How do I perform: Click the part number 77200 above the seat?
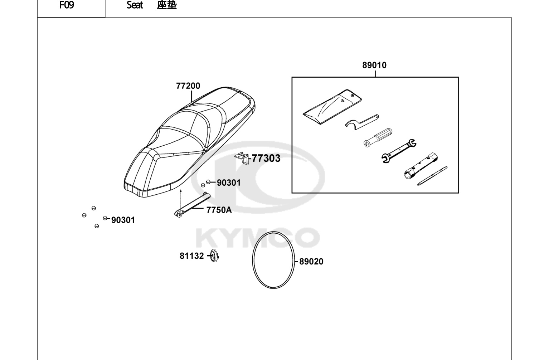point(188,86)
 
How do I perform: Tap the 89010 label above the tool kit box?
point(374,65)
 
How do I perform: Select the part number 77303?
point(266,158)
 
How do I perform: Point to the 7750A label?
point(219,210)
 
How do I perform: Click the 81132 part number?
point(192,256)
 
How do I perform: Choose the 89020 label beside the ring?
point(311,262)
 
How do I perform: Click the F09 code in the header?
point(67,5)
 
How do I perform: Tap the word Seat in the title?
point(135,5)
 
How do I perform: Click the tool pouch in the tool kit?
point(332,107)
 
